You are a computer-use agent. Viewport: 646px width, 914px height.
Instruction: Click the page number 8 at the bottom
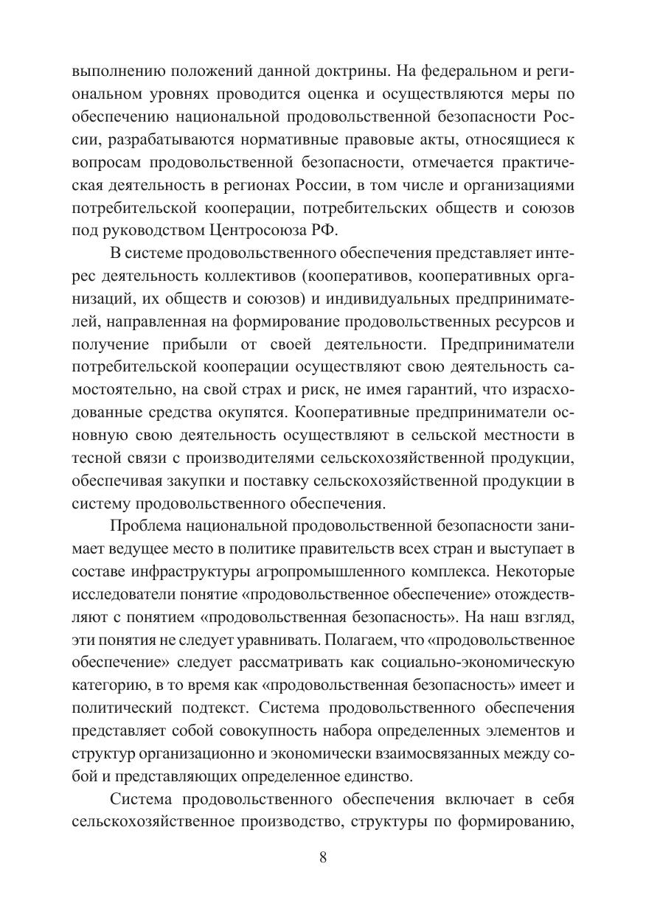point(323,857)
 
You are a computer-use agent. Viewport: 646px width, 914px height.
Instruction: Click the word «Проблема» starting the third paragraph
point(145,526)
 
